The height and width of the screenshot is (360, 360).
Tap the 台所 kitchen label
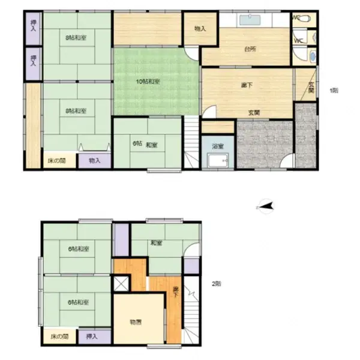click(250, 49)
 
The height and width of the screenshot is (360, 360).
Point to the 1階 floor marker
click(334, 90)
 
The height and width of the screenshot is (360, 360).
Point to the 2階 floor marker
click(215, 284)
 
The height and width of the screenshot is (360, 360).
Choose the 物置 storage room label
click(136, 322)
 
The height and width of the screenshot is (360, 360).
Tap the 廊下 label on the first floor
click(246, 85)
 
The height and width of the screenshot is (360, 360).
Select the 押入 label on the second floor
click(92, 337)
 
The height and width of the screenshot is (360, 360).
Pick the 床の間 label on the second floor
click(58, 337)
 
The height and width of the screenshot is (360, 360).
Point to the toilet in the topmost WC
click(305, 19)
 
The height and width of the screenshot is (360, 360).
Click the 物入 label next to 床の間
click(94, 160)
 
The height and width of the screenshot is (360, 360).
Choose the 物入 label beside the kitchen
click(200, 28)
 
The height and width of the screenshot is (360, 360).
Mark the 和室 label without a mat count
click(157, 243)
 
